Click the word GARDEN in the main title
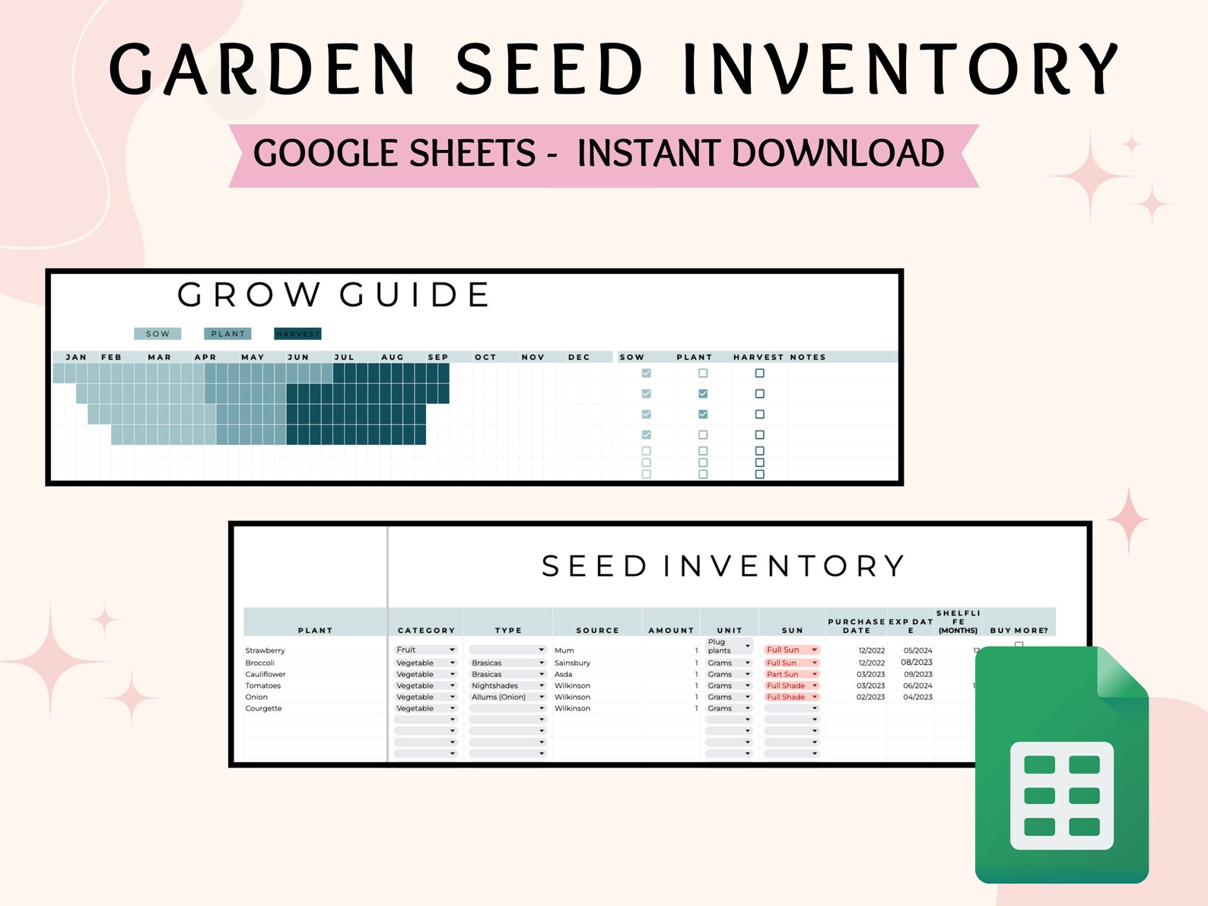(x=263, y=69)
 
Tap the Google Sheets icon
(x=1061, y=765)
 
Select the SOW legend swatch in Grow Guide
(x=157, y=334)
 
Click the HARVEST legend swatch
(x=297, y=334)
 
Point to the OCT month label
(x=485, y=357)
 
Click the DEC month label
(x=579, y=357)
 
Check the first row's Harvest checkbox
(x=759, y=374)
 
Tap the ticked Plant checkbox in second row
(x=703, y=394)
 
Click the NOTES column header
(x=807, y=357)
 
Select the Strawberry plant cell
(x=265, y=650)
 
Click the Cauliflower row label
(x=265, y=674)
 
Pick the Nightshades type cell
(x=494, y=685)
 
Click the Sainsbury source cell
(x=572, y=663)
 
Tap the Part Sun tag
(x=784, y=674)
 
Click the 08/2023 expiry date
(x=917, y=663)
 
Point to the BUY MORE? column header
(x=1019, y=631)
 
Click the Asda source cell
(x=563, y=674)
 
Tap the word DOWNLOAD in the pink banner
(x=837, y=154)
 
